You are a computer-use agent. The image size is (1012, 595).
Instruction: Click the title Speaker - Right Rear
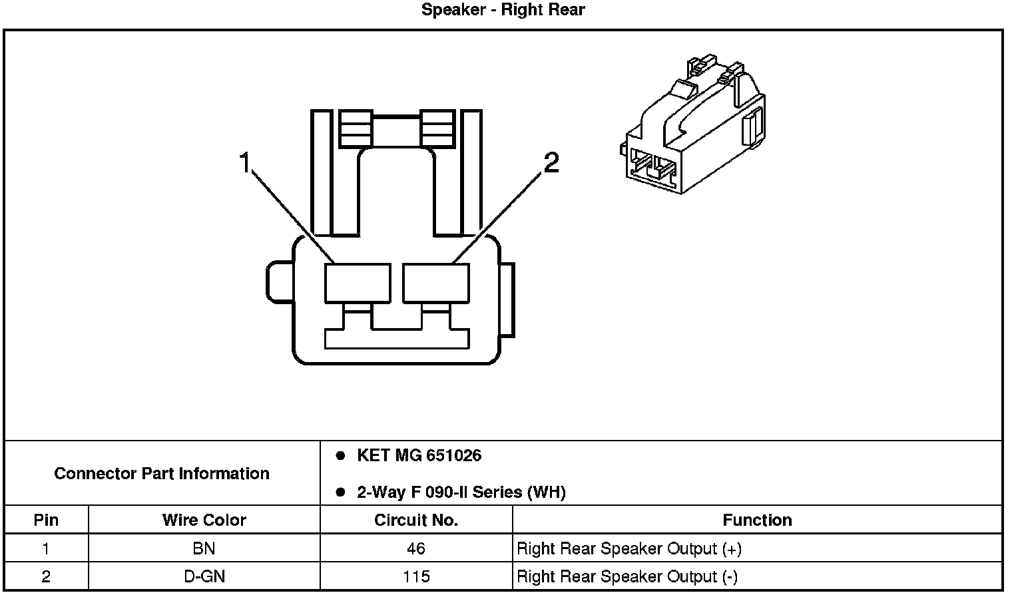pos(503,10)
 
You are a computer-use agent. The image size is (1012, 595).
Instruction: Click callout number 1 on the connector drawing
pos(245,162)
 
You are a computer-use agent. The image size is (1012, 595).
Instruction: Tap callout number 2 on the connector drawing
pos(551,162)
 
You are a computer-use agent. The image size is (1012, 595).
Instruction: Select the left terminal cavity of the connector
pos(358,283)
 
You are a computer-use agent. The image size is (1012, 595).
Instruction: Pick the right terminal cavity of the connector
pos(436,283)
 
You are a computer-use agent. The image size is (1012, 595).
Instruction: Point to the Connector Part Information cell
pos(162,473)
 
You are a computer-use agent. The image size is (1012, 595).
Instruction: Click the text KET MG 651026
pos(419,456)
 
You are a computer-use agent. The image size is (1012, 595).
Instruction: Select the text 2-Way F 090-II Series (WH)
pos(461,493)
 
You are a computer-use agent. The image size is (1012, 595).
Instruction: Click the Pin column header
pos(46,520)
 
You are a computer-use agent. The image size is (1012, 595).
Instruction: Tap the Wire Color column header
pos(204,520)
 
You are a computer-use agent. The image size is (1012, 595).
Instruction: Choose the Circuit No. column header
pos(416,520)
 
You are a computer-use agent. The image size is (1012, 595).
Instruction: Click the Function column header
pos(757,520)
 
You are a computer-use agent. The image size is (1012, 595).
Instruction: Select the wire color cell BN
pos(204,548)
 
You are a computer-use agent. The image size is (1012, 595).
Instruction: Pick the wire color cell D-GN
pos(204,576)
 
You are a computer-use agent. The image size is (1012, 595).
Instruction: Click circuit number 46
pos(416,548)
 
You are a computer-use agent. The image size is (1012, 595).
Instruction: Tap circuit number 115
pos(416,576)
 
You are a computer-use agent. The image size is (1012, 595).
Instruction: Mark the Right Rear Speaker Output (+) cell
pos(629,548)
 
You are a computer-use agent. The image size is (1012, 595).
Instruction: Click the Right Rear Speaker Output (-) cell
pos(627,576)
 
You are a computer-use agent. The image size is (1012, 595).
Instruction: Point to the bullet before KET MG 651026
pos(341,456)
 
